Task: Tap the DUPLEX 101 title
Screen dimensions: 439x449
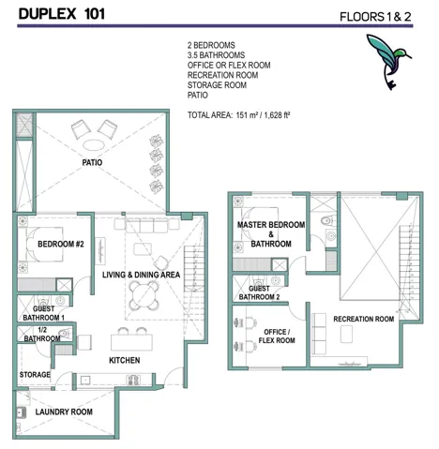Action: click(x=62, y=14)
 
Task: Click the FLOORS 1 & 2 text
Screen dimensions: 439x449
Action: click(x=375, y=17)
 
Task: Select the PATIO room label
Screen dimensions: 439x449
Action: click(x=92, y=162)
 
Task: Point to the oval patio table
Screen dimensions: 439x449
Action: click(x=94, y=145)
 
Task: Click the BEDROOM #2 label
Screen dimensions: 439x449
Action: click(x=61, y=244)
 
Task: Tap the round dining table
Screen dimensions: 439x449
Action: click(x=144, y=295)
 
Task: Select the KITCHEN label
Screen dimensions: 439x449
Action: click(x=125, y=360)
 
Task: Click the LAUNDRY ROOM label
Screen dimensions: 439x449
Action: click(x=64, y=412)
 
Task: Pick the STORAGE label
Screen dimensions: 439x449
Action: click(x=35, y=374)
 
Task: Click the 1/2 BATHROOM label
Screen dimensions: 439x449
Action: click(x=42, y=335)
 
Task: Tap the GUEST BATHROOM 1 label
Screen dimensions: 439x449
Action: click(x=43, y=313)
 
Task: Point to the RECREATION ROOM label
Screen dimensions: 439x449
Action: click(x=364, y=319)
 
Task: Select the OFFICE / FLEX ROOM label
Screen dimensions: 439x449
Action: click(x=277, y=337)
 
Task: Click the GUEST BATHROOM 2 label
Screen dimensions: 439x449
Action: click(x=259, y=292)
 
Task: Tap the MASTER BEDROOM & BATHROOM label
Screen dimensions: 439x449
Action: click(x=271, y=234)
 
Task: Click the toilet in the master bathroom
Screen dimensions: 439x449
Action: click(x=328, y=220)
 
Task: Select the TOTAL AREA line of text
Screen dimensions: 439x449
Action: click(x=238, y=115)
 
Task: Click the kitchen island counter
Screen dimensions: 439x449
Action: click(x=131, y=342)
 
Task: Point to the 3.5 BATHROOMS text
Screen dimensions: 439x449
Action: click(x=216, y=55)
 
